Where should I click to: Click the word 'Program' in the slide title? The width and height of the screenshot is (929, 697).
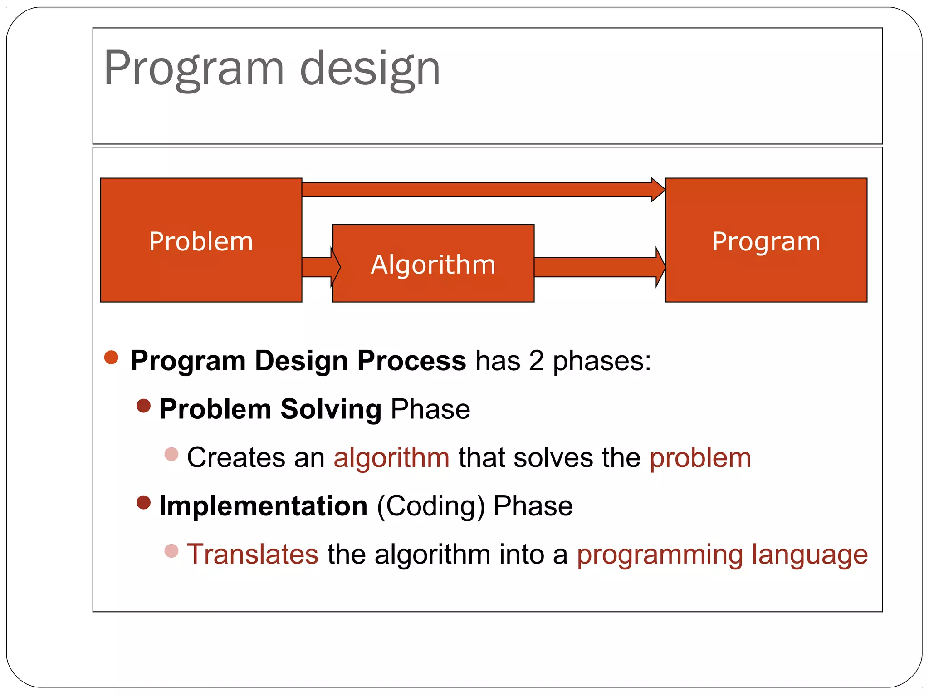coord(194,69)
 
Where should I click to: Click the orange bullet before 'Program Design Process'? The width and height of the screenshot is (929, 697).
coord(111,357)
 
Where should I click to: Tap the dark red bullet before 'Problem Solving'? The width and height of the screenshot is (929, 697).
coord(143,406)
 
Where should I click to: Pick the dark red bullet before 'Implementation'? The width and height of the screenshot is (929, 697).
coord(143,502)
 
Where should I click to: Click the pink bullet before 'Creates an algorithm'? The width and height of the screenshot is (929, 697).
coord(171,454)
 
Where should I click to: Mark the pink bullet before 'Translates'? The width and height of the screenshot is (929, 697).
coord(171,551)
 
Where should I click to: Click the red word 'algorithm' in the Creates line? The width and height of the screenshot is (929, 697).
coord(391,457)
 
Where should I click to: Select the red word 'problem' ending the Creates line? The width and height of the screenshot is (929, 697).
coord(700,457)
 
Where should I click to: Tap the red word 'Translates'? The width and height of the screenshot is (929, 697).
coord(253,554)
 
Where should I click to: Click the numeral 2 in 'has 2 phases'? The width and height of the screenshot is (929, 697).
coord(536,361)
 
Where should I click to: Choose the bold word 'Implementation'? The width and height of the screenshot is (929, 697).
coord(263,506)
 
